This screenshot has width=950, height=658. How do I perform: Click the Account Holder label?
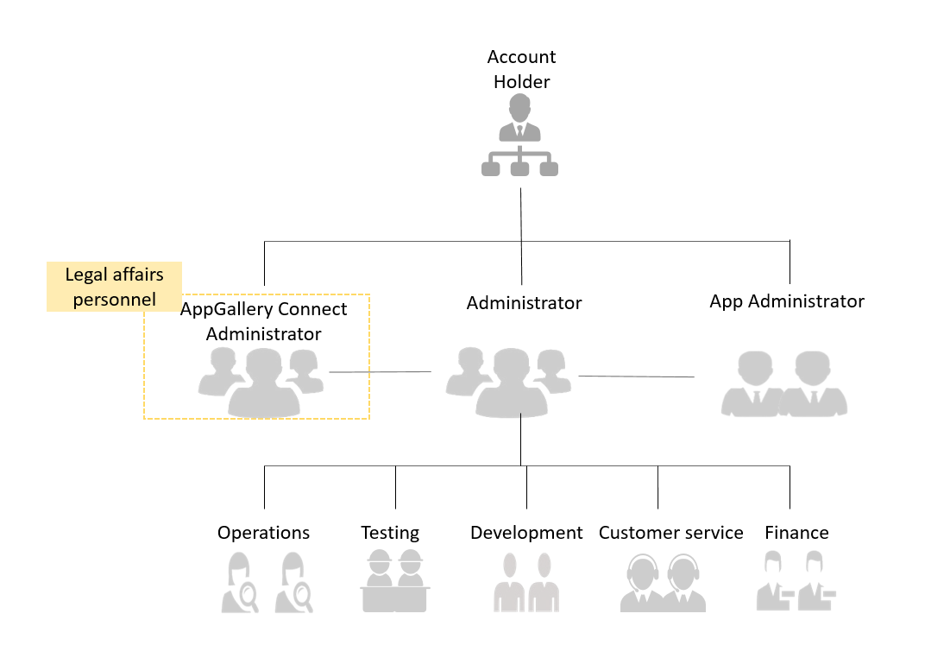tap(521, 69)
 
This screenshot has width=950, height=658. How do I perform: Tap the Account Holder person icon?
tap(519, 136)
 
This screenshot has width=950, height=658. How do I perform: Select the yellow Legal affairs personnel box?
tap(114, 287)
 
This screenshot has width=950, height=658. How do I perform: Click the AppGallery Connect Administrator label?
tap(263, 321)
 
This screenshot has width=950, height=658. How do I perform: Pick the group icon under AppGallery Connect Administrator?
tap(261, 382)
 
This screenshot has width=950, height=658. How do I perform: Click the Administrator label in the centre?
tap(524, 302)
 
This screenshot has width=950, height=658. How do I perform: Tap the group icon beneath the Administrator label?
tap(509, 382)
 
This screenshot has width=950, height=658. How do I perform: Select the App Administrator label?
tap(787, 301)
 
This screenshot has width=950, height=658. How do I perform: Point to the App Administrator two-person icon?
tap(784, 383)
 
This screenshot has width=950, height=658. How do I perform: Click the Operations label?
tap(263, 533)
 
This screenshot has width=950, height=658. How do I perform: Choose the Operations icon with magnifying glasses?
tap(267, 582)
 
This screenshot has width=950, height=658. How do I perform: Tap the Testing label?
tap(390, 533)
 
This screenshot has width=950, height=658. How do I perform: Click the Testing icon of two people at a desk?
tap(395, 580)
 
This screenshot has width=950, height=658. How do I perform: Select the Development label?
tap(526, 533)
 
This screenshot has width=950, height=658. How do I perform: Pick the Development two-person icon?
tap(526, 582)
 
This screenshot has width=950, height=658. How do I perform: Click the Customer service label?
tap(670, 533)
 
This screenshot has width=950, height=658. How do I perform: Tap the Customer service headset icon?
tap(663, 582)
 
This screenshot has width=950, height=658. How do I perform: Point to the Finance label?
tap(796, 533)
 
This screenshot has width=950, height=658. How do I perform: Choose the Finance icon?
tap(796, 580)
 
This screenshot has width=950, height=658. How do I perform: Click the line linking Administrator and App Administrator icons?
tap(636, 376)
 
